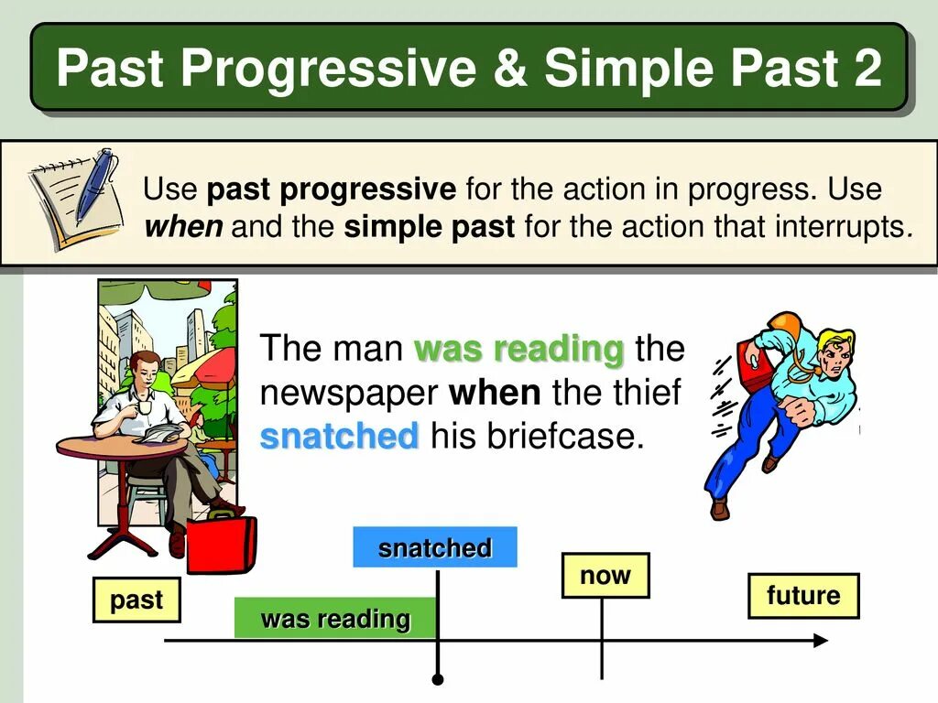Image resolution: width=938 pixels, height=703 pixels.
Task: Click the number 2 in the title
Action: coord(864,68)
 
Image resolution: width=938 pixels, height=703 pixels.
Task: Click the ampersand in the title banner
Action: coord(508,68)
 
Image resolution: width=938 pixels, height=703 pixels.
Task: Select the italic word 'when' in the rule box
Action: coord(183,227)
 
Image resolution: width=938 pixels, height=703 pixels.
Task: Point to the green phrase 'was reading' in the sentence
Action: coord(519,349)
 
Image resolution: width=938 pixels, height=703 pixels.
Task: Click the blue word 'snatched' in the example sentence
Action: coord(339,436)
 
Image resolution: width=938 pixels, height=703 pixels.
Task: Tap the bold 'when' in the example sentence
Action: coord(495,393)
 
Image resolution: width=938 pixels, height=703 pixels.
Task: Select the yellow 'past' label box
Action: coord(136,600)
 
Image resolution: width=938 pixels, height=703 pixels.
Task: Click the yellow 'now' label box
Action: coord(605,575)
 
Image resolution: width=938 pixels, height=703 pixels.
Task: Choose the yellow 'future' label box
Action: coord(803,595)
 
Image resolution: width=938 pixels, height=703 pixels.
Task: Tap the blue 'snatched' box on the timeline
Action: coord(435,547)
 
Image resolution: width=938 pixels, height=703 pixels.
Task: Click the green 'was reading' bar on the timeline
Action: coord(335,618)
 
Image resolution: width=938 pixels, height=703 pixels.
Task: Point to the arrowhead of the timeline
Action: coord(821,641)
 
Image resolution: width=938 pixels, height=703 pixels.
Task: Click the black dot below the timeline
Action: coord(438,679)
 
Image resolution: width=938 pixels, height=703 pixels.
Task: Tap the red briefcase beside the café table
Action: coord(222,543)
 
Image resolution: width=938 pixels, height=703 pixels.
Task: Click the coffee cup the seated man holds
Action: coord(144,407)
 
